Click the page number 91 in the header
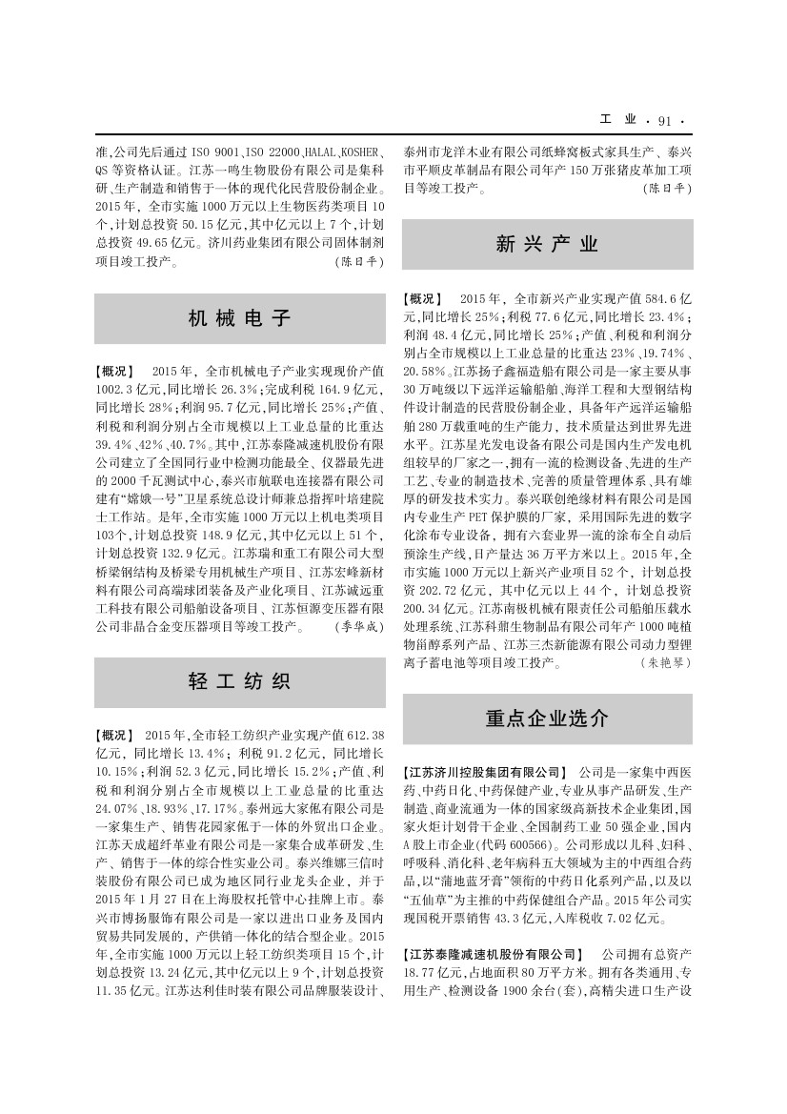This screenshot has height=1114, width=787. (x=664, y=121)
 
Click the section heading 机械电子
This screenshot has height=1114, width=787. (x=239, y=318)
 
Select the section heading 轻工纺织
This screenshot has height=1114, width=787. (x=239, y=681)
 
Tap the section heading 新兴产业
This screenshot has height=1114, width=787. (x=547, y=244)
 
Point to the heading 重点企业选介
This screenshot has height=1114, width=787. (x=547, y=719)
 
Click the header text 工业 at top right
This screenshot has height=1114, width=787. (x=618, y=121)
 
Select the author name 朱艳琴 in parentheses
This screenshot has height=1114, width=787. (x=666, y=662)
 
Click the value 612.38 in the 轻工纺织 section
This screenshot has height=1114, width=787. (x=365, y=735)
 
